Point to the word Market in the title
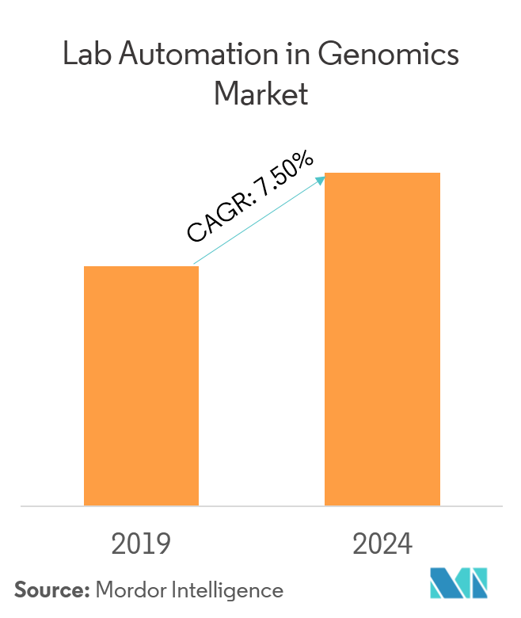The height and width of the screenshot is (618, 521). click(x=260, y=94)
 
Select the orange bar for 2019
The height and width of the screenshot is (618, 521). click(x=141, y=386)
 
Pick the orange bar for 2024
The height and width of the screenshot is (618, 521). click(x=382, y=339)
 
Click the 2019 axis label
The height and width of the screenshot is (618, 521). click(x=141, y=544)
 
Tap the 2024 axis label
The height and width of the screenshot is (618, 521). click(x=382, y=544)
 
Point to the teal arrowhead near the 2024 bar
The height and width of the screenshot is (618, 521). click(x=321, y=180)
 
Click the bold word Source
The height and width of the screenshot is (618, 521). click(x=51, y=590)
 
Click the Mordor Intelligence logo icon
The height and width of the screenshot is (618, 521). click(x=458, y=584)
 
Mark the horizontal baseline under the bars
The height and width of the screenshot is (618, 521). click(x=260, y=505)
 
